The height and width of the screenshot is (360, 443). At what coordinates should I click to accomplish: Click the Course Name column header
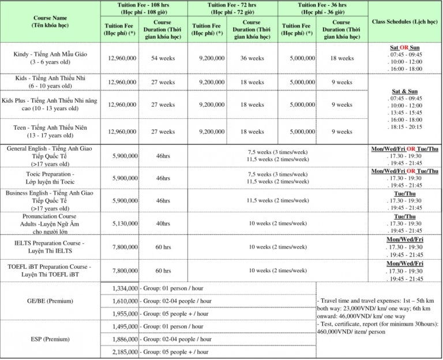tap(51, 21)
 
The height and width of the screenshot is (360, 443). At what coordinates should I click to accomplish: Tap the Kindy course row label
tap(51, 58)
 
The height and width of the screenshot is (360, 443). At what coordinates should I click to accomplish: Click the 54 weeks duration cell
tap(163, 58)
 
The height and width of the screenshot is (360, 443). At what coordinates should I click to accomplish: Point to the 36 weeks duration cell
tap(251, 58)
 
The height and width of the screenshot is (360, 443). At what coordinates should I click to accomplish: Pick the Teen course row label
tap(51, 132)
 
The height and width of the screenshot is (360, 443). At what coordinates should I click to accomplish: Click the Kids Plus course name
tap(51, 104)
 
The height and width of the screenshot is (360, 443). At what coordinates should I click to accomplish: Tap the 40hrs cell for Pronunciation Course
tap(163, 223)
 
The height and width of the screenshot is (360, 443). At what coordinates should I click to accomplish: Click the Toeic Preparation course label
tap(51, 178)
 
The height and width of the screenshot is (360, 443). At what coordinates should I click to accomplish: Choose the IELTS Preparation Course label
tap(51, 247)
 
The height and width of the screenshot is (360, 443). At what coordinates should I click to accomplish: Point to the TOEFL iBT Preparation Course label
tap(51, 271)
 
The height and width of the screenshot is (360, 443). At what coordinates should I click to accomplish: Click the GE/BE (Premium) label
tap(51, 301)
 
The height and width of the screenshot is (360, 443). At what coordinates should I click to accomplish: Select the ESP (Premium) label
tap(51, 339)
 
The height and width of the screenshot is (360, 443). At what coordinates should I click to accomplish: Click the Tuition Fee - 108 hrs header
tap(144, 7)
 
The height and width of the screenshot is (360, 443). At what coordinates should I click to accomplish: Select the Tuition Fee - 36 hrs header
tap(323, 7)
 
